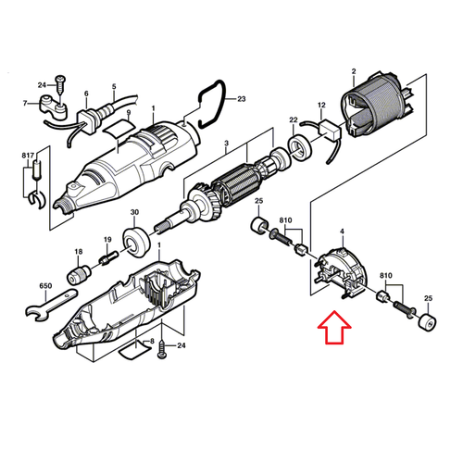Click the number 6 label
(86, 94)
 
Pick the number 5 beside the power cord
(115, 86)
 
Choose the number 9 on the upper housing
(117, 114)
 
